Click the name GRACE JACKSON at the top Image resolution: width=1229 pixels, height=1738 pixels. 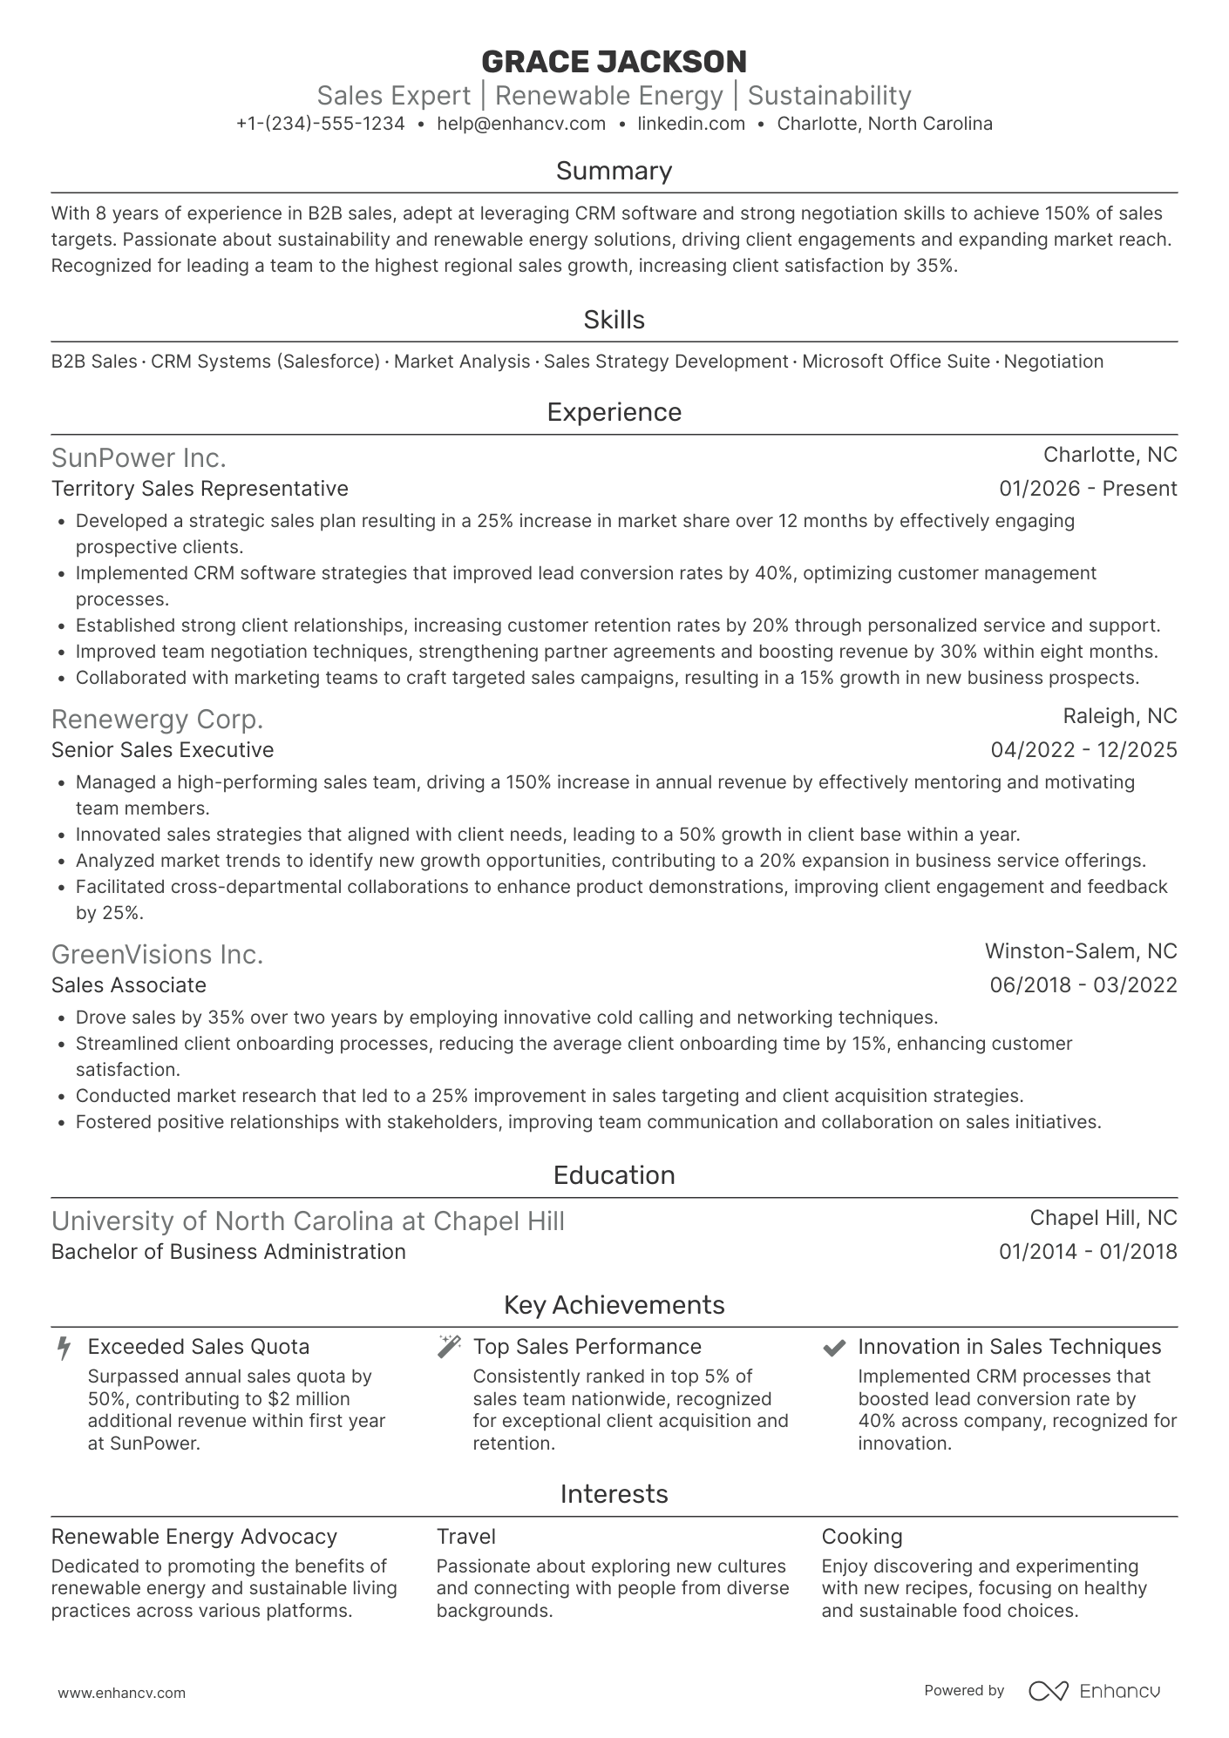tap(614, 61)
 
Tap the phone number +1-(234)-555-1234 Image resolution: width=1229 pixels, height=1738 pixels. tap(321, 124)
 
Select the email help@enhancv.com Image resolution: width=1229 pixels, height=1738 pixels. tap(521, 124)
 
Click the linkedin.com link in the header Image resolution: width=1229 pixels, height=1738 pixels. tap(691, 124)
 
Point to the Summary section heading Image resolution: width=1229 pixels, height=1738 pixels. tap(614, 171)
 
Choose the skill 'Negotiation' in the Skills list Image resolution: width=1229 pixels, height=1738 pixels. tap(1053, 362)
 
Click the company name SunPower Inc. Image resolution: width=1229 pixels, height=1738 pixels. tap(139, 457)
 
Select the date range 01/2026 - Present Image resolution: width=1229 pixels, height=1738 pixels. tap(1088, 489)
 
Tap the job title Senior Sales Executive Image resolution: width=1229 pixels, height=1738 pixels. tap(162, 750)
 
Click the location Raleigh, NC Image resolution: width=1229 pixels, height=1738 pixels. tap(1119, 716)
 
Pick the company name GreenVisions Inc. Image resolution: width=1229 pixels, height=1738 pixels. tap(157, 955)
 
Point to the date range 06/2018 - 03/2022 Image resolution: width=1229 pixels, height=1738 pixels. tap(1083, 985)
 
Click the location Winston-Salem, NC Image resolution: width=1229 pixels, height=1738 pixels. tap(1081, 951)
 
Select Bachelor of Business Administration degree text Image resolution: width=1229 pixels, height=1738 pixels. tap(228, 1252)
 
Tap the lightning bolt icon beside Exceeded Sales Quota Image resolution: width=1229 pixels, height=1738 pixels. tap(63, 1348)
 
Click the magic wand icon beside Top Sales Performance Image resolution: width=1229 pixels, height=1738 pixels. tap(449, 1347)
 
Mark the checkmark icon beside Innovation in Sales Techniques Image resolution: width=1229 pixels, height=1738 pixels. tap(834, 1348)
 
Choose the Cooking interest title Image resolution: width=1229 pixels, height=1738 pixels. tap(861, 1537)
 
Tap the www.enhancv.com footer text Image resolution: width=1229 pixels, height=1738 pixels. tap(122, 1694)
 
